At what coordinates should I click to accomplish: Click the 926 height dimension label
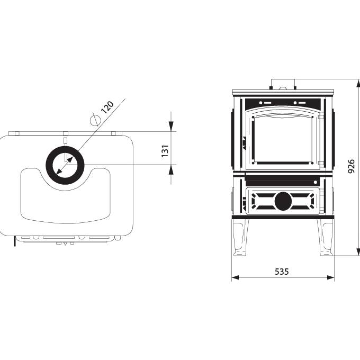(x=352, y=166)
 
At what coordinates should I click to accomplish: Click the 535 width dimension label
(x=282, y=272)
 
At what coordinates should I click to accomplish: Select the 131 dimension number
(x=165, y=151)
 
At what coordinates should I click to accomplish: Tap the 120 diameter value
(x=107, y=107)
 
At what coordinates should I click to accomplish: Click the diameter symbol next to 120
(x=95, y=120)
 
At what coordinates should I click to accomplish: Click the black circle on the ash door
(x=283, y=201)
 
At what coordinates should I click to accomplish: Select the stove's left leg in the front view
(x=240, y=237)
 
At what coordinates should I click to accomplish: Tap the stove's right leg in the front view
(x=325, y=237)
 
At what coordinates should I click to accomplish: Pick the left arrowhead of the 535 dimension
(x=235, y=277)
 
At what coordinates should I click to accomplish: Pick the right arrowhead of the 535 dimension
(x=330, y=277)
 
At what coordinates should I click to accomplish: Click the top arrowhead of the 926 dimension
(x=358, y=83)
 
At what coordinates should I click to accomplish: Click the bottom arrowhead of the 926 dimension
(x=358, y=251)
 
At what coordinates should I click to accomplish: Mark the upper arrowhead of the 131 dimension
(x=171, y=127)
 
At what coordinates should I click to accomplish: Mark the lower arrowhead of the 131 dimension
(x=171, y=169)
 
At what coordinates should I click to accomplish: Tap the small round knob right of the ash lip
(x=316, y=182)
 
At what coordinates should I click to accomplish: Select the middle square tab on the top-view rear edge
(x=66, y=133)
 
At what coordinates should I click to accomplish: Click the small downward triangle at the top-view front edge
(x=66, y=244)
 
